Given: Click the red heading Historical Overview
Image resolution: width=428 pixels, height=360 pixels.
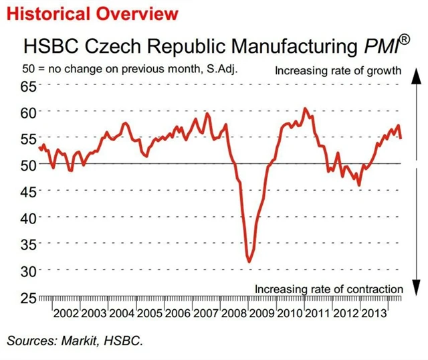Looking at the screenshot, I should click(92, 13).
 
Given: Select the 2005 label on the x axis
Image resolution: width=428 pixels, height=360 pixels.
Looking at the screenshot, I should click(150, 314).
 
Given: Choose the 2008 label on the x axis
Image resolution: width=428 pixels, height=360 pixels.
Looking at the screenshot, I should click(234, 314).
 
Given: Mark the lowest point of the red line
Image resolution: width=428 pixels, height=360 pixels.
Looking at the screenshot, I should click(249, 261).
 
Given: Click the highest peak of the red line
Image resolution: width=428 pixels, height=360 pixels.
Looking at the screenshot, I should click(305, 108).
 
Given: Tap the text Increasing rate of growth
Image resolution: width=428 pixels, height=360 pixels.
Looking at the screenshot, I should click(338, 70).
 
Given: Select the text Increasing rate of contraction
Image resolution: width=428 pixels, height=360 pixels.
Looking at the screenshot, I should click(328, 289).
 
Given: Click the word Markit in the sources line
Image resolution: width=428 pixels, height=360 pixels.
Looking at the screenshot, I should click(82, 341).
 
